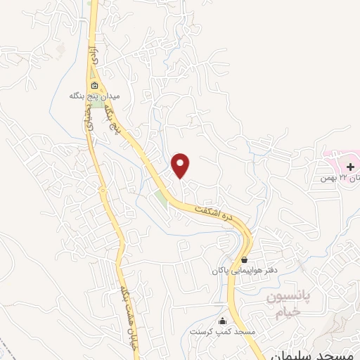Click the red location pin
pos(181,165)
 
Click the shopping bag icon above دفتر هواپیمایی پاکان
pos(243,259)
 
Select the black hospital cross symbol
pos(350,167)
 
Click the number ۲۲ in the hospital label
pos(343,177)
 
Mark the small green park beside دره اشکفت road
pos(162,198)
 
